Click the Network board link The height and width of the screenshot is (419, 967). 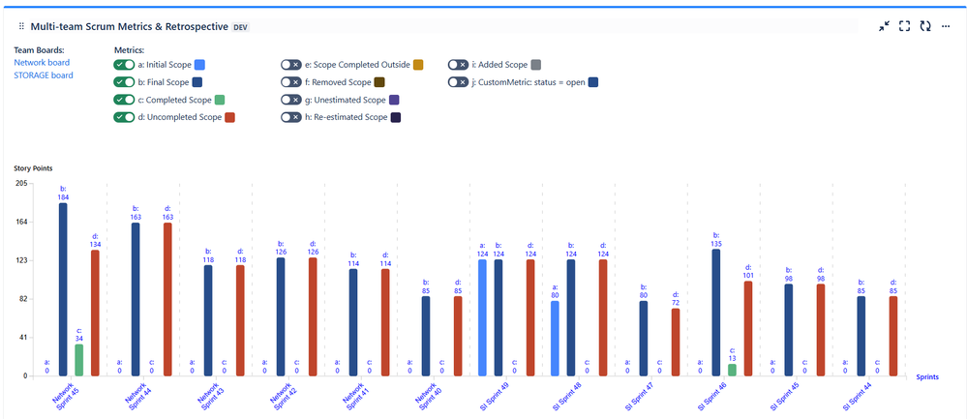pos(36,62)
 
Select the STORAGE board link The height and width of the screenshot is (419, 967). pos(43,75)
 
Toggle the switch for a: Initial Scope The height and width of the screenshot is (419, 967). pos(124,65)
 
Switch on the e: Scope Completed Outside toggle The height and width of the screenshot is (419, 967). pos(291,65)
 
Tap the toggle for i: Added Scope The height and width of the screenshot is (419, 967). pos(458,65)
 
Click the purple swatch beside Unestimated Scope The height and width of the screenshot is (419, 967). pos(393,100)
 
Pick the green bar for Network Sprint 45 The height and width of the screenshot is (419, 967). pos(79,360)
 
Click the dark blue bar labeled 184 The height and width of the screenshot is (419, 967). pos(63,289)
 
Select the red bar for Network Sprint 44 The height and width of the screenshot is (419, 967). pos(167,299)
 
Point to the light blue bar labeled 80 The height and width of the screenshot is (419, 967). pos(555,338)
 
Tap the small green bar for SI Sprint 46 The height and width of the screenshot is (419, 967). pos(732,370)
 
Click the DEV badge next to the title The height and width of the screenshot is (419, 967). pos(241,27)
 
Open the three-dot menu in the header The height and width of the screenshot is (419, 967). pos(946,26)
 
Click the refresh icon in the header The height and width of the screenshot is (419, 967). pos(925,26)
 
